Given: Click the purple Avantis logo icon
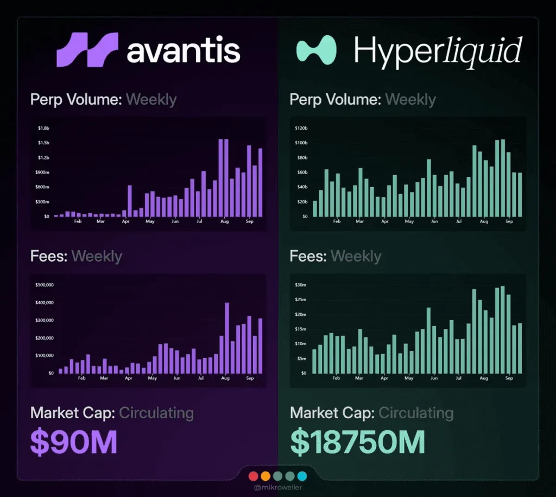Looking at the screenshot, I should [x=87, y=50].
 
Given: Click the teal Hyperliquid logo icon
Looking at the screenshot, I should [x=316, y=50].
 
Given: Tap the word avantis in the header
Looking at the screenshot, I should [x=184, y=51].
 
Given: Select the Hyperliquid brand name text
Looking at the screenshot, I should [x=438, y=51].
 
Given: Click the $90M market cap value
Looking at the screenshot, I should [x=74, y=441].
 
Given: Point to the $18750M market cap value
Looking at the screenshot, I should [x=357, y=441].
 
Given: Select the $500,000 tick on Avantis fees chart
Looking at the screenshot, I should [x=47, y=285].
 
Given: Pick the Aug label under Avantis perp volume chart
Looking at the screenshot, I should [x=224, y=221].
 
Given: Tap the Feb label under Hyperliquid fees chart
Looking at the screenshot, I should [x=337, y=378].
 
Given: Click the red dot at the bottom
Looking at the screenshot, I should [x=253, y=476].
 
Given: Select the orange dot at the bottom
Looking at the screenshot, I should [x=266, y=476].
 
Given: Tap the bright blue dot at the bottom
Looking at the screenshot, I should [x=302, y=476].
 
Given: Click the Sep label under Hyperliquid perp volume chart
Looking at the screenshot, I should [x=509, y=221].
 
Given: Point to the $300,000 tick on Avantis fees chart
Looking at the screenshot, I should [x=47, y=320].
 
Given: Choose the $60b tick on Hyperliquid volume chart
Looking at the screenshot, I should [x=301, y=173].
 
